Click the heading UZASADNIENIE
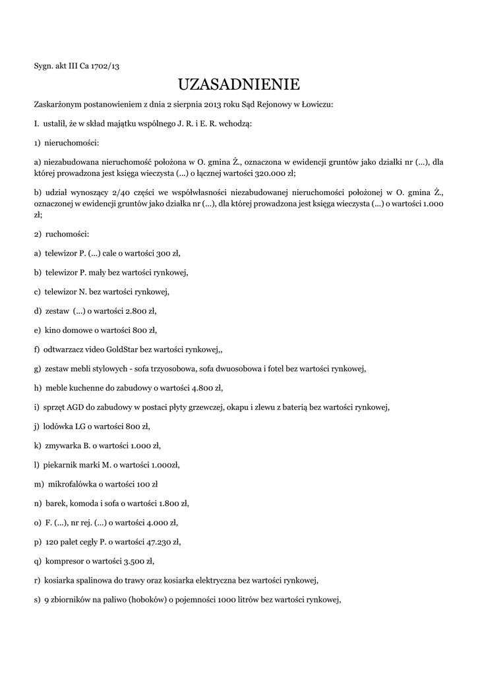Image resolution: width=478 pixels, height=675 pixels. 239,84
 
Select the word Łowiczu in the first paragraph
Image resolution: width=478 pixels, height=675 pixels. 318,104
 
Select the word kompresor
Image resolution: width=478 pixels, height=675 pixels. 65,561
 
